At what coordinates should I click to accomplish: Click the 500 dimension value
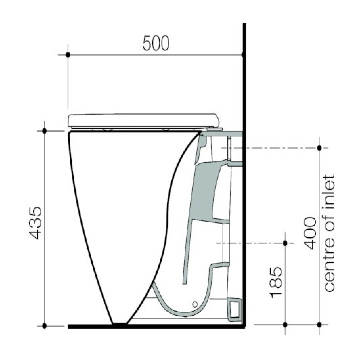coord(156,43)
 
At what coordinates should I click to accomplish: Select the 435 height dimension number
coord(36,223)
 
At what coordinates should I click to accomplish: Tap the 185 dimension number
coord(276,282)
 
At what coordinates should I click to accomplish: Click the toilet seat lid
coord(143,120)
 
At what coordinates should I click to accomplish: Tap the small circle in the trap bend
coord(195,304)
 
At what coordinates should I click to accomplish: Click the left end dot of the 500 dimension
coord(68,54)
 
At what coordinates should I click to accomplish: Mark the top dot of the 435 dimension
coord(44,131)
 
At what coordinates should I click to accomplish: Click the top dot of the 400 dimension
coord(319,148)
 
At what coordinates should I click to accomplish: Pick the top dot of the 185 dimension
coord(285,243)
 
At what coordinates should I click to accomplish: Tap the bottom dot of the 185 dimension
coord(285,324)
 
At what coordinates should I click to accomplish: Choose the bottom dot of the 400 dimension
coord(319,324)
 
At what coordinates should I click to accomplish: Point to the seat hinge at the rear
coord(213,129)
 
